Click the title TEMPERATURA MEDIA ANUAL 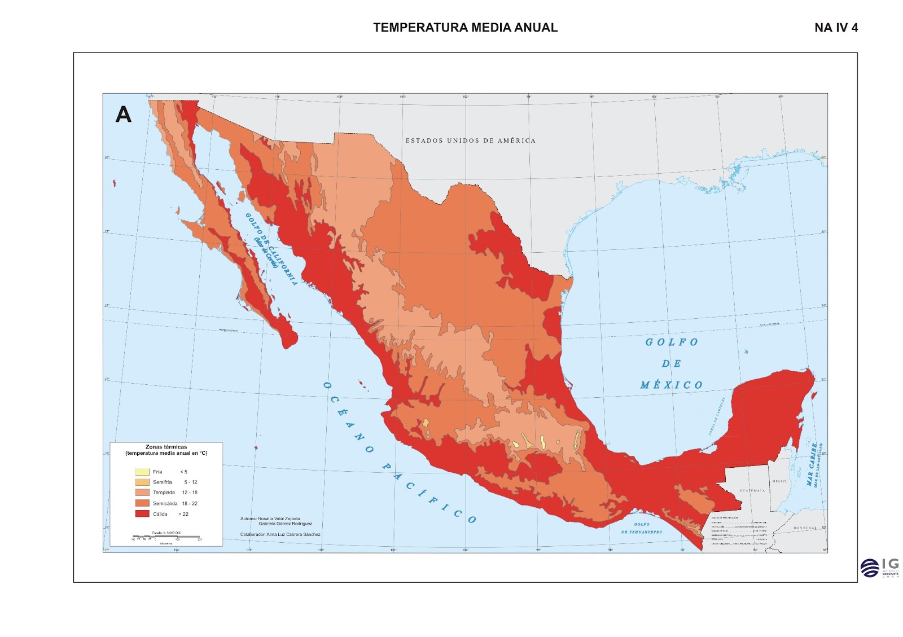coord(465,28)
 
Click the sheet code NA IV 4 coord(836,28)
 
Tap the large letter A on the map coord(124,115)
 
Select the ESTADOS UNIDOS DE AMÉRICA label coord(470,140)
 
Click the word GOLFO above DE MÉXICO coord(672,342)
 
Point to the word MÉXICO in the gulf coord(672,385)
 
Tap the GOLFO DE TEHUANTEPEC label coord(642,528)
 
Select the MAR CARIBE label coord(813,464)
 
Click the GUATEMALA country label coord(752,490)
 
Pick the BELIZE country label coord(780,481)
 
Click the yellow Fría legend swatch coord(142,472)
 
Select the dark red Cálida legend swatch coord(142,514)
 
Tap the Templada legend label coord(164,493)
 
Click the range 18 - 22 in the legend coord(190,503)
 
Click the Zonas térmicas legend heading coord(166,447)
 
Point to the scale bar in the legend coord(166,537)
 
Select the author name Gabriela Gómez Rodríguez coord(285,524)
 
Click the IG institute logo coord(879,567)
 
